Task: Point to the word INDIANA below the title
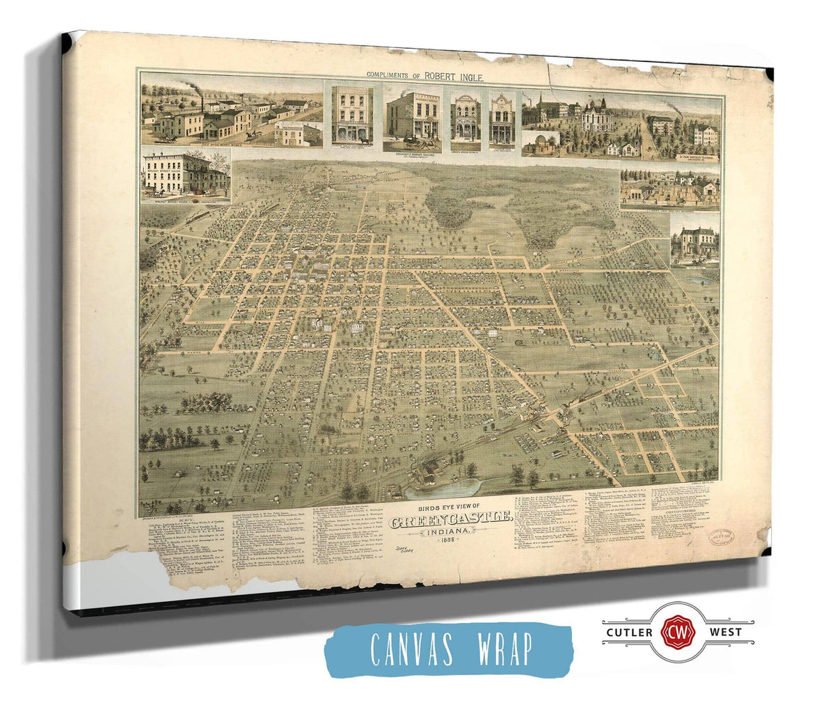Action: coord(454,532)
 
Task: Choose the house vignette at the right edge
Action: coord(694,239)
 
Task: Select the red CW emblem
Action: coord(672,633)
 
